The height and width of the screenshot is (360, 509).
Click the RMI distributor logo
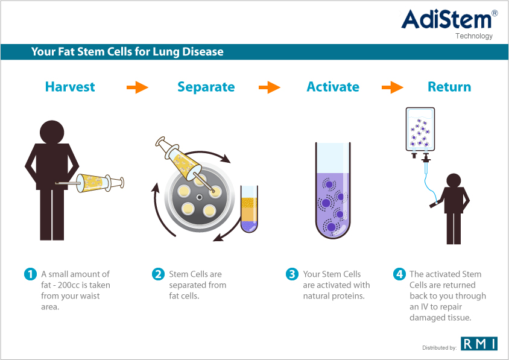pyautogui.click(x=479, y=344)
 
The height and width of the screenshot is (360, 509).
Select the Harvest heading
pyautogui.click(x=70, y=87)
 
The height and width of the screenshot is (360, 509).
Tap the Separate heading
pyautogui.click(x=206, y=87)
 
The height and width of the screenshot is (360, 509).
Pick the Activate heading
pyautogui.click(x=333, y=87)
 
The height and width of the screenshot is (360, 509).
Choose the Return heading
pyautogui.click(x=449, y=87)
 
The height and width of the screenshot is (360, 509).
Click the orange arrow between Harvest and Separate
pyautogui.click(x=138, y=87)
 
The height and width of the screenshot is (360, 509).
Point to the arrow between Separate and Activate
pyautogui.click(x=270, y=87)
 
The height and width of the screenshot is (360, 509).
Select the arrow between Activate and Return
pyautogui.click(x=393, y=87)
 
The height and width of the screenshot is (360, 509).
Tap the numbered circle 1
pyautogui.click(x=30, y=274)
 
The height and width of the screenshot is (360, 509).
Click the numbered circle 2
pyautogui.click(x=158, y=274)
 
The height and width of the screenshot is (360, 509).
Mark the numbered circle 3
pyautogui.click(x=292, y=274)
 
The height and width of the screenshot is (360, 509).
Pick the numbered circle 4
pyautogui.click(x=399, y=274)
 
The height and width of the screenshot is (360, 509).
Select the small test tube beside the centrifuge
pyautogui.click(x=249, y=209)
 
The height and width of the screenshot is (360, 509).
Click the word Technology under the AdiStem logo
pyautogui.click(x=474, y=36)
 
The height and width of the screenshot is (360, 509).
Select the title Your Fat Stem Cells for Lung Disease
pyautogui.click(x=127, y=52)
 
